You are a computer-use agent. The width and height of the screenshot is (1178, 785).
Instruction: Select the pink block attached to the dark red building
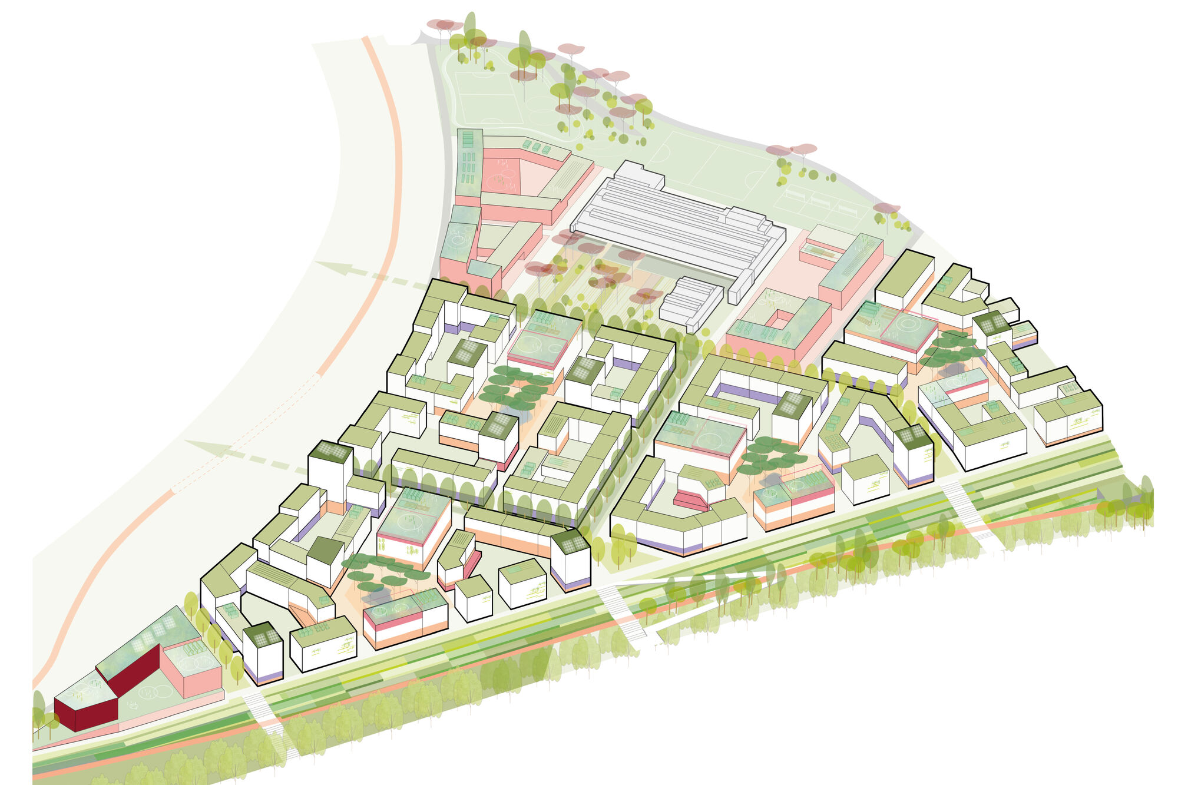(191, 671)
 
